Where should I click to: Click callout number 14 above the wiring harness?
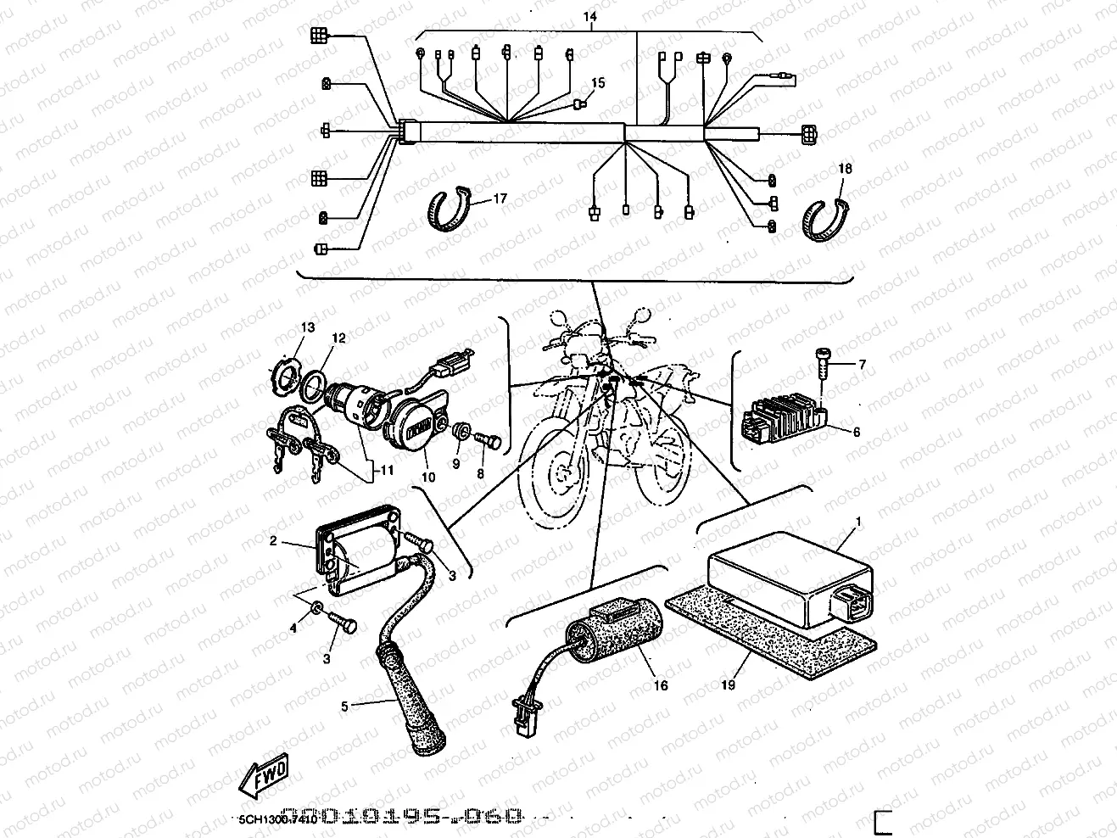point(589,16)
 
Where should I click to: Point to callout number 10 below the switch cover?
point(428,478)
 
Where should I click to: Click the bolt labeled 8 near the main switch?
point(489,442)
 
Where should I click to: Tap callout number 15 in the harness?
point(598,83)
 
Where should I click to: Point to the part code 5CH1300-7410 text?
point(277,820)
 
